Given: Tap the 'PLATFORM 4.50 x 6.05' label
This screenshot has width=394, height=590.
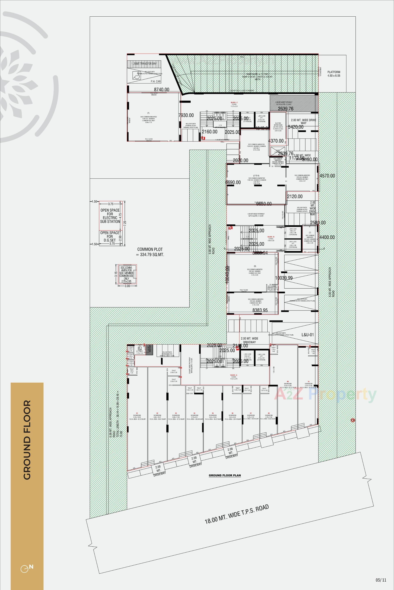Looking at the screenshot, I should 334,74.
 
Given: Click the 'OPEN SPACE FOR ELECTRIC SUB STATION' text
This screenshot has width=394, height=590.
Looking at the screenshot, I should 110,216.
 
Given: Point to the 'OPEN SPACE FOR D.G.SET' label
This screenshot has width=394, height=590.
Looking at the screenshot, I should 110,236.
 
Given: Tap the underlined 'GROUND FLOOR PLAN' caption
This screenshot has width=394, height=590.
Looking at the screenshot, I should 225,475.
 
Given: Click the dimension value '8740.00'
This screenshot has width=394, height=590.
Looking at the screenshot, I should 161,90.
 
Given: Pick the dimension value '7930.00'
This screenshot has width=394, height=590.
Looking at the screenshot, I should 186,115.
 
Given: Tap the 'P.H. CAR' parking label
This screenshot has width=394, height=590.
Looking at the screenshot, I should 156,82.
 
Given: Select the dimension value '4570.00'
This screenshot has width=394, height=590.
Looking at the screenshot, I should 327,176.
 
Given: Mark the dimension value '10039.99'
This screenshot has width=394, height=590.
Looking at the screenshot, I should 284,278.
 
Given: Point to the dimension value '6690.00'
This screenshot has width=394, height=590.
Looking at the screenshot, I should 233,182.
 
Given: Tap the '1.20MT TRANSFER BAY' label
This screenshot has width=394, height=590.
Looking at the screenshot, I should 144,64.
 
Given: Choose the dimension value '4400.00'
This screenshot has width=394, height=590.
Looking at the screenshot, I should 327,237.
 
